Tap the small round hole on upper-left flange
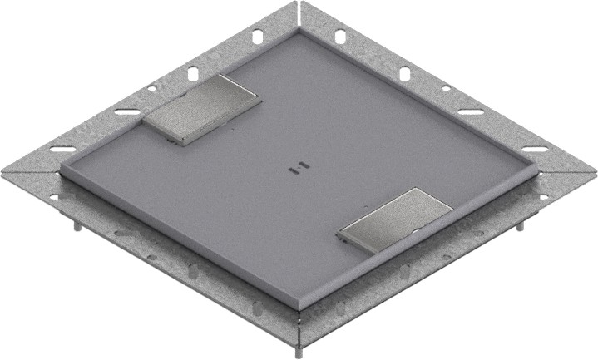click(x=152, y=87)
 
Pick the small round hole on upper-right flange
click(x=446, y=87)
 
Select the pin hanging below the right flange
click(x=521, y=225)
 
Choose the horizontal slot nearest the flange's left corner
click(x=63, y=150)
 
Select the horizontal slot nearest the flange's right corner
click(x=535, y=150)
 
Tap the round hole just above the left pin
click(x=56, y=197)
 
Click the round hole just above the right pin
click(x=542, y=197)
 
